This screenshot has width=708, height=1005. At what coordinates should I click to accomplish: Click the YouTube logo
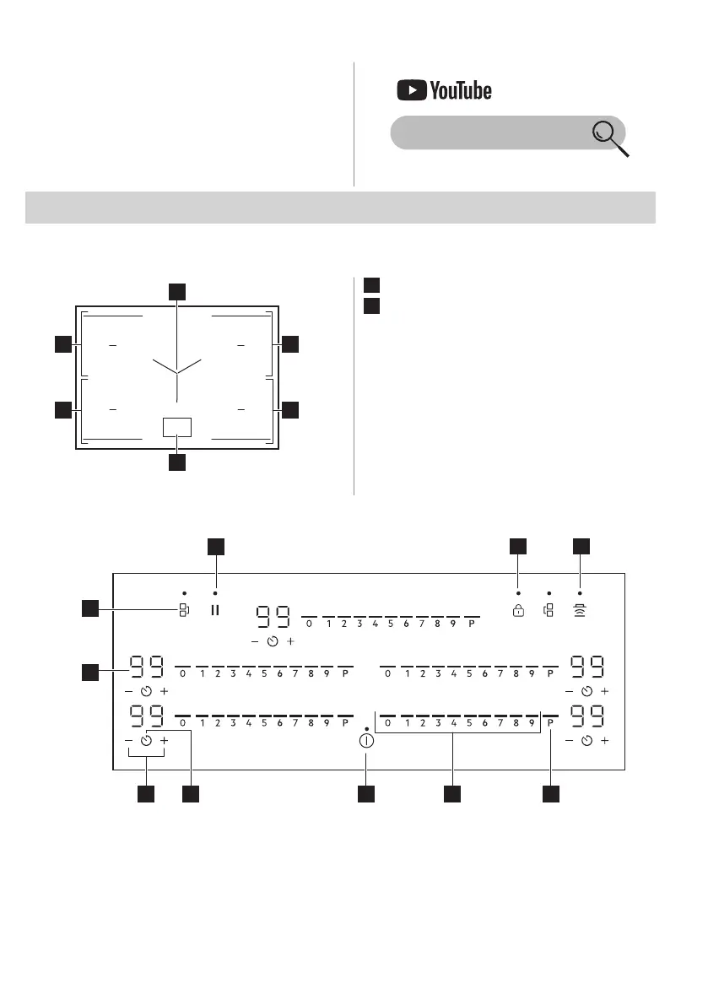tap(444, 90)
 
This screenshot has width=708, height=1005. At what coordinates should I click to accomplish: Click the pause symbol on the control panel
tap(215, 610)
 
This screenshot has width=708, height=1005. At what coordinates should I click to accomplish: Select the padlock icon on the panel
tap(518, 610)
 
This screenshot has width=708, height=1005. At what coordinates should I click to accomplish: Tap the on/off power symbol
tap(365, 742)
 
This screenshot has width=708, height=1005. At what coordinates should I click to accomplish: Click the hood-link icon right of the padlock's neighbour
tap(581, 610)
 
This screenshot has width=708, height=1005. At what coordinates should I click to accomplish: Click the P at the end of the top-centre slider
tap(472, 625)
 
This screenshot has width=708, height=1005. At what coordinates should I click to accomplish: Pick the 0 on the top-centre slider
tap(309, 625)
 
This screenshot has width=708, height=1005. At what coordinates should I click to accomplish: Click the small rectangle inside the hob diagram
tap(177, 427)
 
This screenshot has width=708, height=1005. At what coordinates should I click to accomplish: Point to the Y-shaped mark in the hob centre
tap(177, 371)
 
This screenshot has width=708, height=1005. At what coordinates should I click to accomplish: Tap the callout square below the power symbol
tap(365, 794)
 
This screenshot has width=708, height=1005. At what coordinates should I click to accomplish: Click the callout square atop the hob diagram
tap(176, 291)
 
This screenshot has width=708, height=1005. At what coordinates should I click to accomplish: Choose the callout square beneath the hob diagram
tap(176, 462)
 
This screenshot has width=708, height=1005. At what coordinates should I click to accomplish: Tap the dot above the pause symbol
tap(215, 593)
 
